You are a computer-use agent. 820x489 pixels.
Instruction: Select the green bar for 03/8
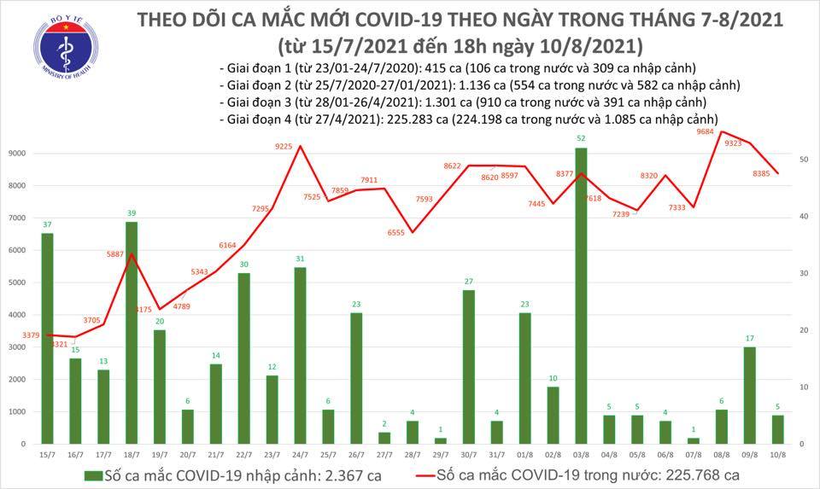point(580,295)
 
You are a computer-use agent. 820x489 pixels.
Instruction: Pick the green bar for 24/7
point(300,355)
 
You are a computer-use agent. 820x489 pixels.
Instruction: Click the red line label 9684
point(705,131)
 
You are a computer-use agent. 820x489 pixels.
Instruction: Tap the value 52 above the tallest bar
point(581,138)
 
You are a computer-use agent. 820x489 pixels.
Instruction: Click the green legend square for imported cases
point(91,475)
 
